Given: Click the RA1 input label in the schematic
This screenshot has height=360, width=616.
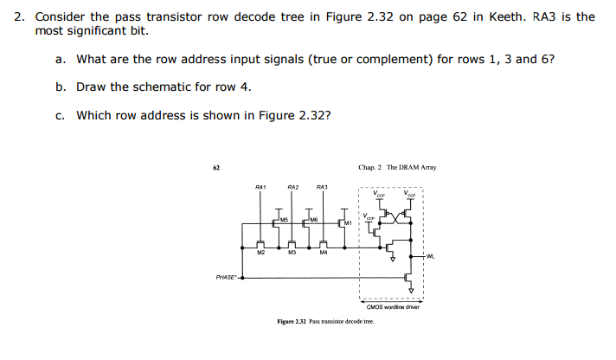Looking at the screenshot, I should pos(260,187).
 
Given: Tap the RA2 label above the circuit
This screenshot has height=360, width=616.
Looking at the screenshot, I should pos(292,187).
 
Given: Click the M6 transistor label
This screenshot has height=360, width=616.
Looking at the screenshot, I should pos(305,219).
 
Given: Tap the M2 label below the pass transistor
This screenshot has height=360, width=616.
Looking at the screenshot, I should pos(260,253).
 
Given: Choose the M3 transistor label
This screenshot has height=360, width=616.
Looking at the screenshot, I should pos(292,253).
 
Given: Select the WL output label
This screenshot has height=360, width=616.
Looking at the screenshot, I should pos(431,255).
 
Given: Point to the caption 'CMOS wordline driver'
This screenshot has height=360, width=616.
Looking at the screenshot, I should pos(393,306).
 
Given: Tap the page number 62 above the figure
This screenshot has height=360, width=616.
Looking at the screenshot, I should pos(216,167).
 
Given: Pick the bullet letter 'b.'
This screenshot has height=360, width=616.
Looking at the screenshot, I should pos(61,87).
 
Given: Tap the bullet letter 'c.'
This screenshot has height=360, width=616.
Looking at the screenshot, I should pos(61,114).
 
